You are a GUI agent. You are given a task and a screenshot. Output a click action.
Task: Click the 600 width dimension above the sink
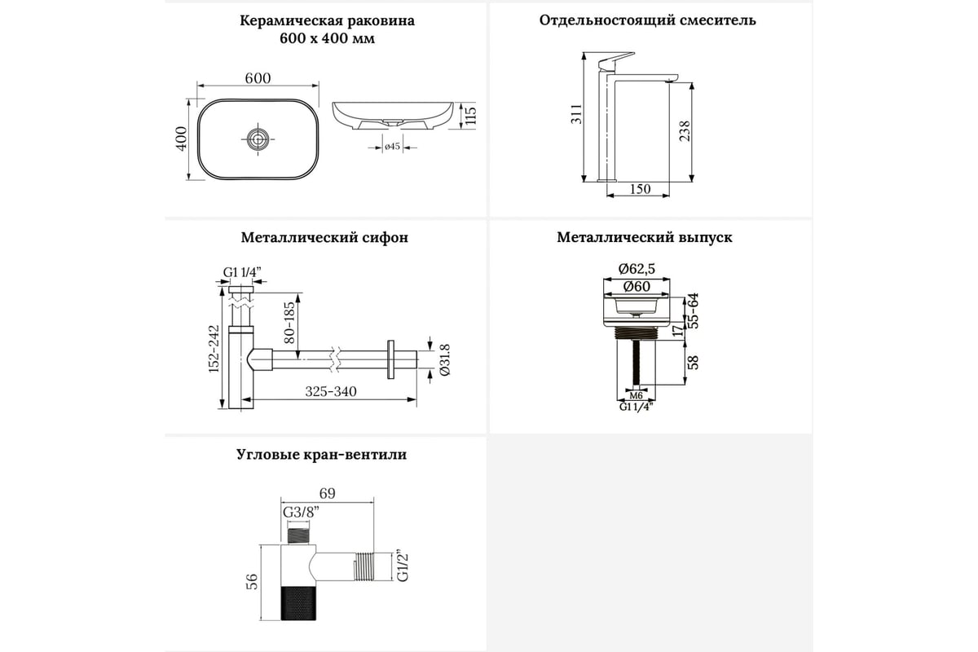(x=258, y=77)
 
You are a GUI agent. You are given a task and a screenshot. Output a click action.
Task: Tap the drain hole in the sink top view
(x=258, y=139)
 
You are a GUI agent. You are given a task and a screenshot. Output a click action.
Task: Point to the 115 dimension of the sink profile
(x=469, y=117)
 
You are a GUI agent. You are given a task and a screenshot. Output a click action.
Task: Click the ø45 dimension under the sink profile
(x=391, y=147)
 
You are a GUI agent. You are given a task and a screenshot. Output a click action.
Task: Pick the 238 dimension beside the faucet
(x=685, y=130)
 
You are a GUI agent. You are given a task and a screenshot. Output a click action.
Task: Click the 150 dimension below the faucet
(x=641, y=189)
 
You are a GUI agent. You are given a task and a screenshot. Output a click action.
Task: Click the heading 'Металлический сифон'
(x=324, y=238)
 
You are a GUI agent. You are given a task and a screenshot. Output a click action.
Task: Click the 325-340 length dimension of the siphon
(x=331, y=392)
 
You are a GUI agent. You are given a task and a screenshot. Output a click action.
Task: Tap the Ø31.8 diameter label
(x=445, y=359)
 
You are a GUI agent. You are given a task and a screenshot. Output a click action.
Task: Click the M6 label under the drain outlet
(x=637, y=395)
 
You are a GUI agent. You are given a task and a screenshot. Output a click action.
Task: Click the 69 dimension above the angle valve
(x=327, y=493)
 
